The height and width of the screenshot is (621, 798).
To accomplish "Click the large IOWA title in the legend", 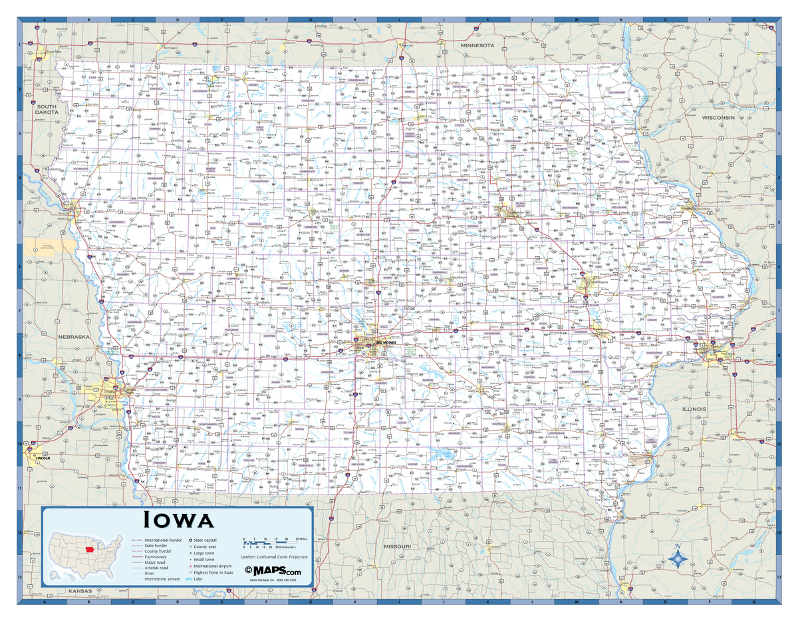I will pyautogui.click(x=186, y=520).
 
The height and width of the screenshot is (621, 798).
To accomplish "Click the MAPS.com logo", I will pyautogui.click(x=273, y=571).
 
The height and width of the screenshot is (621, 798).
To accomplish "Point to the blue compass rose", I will pyautogui.click(x=677, y=558).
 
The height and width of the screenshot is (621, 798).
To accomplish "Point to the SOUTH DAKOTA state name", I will pyautogui.click(x=48, y=109).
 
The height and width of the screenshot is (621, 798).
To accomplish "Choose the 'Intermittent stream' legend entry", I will pyautogui.click(x=162, y=579).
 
